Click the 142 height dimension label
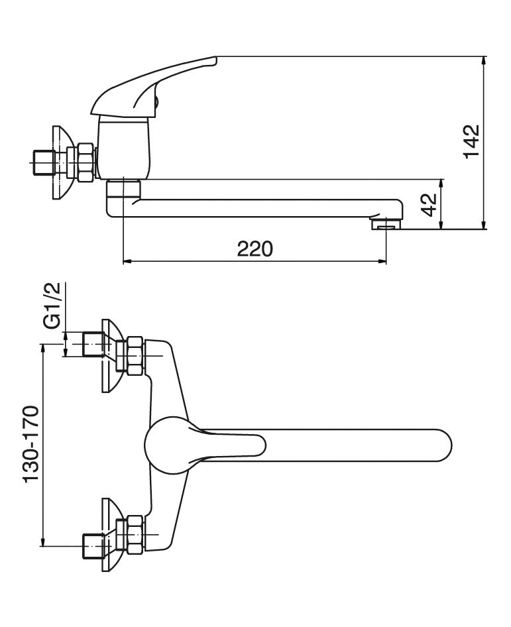coord(471,142)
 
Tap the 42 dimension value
coord(429,204)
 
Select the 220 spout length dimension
coord(255,249)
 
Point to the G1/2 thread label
coord(52,306)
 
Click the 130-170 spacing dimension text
coord(31,445)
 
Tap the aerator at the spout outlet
coord(386,223)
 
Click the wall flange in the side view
coord(62,163)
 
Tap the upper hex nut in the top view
coord(136,355)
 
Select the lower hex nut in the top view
coord(136,535)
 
